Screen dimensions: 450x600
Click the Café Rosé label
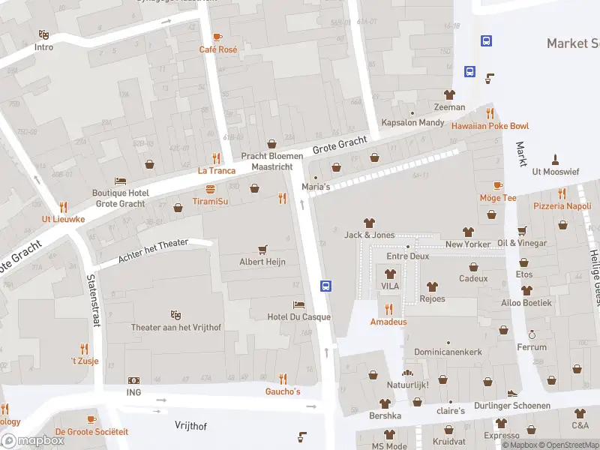tap(217, 49)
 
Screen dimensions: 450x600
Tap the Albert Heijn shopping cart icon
tap(262, 249)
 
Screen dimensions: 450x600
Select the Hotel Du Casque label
tap(298, 316)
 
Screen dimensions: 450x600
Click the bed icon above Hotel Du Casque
tap(298, 304)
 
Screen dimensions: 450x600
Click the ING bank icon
tap(133, 380)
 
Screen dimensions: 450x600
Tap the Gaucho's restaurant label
tap(283, 391)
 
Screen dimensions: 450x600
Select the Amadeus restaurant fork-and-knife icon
tap(388, 309)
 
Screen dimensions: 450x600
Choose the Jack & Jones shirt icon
tap(369, 223)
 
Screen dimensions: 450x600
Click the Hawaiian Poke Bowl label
tap(490, 126)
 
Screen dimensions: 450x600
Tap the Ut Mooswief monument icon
tap(555, 159)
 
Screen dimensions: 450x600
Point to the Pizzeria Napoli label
tap(562, 205)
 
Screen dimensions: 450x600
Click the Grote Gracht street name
tap(340, 142)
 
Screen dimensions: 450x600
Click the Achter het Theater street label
tap(153, 252)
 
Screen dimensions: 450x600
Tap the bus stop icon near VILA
tap(326, 286)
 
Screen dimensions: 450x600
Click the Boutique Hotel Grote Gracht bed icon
tap(120, 181)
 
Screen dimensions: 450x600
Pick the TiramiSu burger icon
tap(211, 189)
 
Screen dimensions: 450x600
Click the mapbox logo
tap(32, 440)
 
